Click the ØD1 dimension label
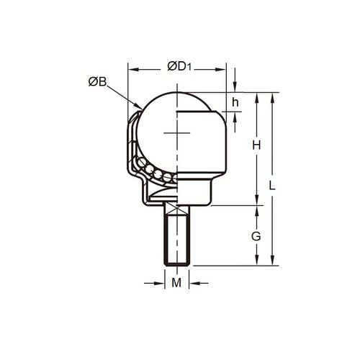[x=179, y=67]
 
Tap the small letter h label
[x=235, y=103]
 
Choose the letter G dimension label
[x=258, y=236]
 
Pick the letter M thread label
[x=176, y=283]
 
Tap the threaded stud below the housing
[x=176, y=238]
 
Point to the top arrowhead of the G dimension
[x=258, y=210]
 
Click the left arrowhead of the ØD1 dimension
[x=132, y=70]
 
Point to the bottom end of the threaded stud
[x=176, y=263]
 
